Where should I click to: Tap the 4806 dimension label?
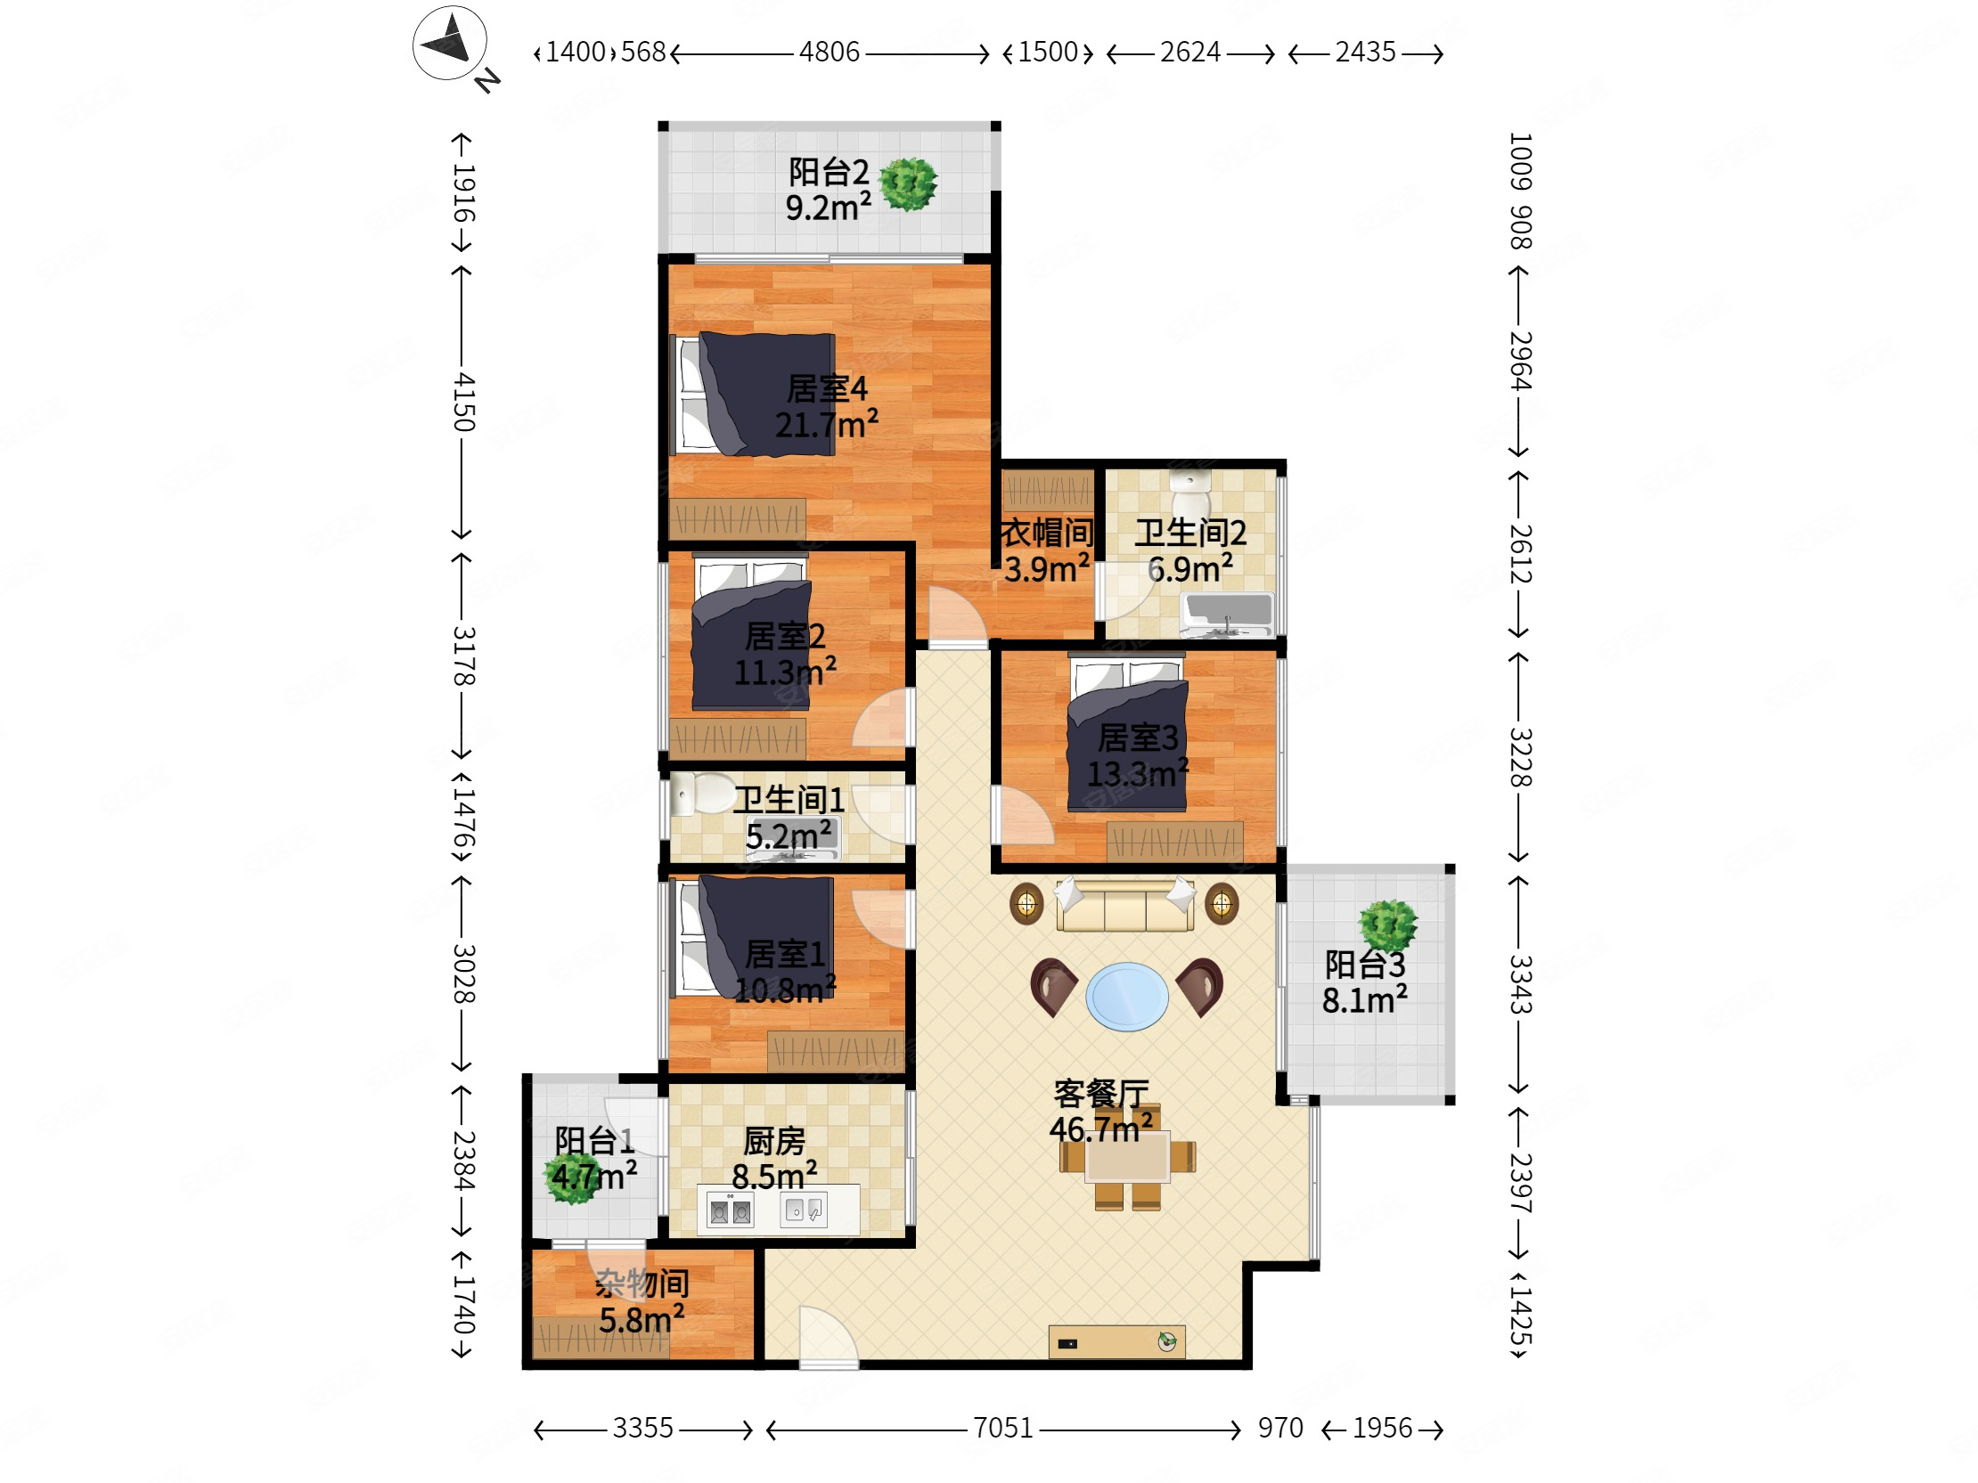point(829,52)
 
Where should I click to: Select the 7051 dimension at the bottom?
point(1002,1428)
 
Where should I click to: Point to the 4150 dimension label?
point(463,403)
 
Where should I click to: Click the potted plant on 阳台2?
point(909,184)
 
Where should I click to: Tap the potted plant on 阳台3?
point(1388,925)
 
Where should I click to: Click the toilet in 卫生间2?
point(1190,491)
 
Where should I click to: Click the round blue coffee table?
point(1127,996)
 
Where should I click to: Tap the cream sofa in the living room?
point(1125,905)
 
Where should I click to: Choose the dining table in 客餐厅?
point(1127,1157)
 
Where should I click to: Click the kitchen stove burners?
point(730,1211)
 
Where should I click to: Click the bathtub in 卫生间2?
point(1228,613)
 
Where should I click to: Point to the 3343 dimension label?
point(1520,984)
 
